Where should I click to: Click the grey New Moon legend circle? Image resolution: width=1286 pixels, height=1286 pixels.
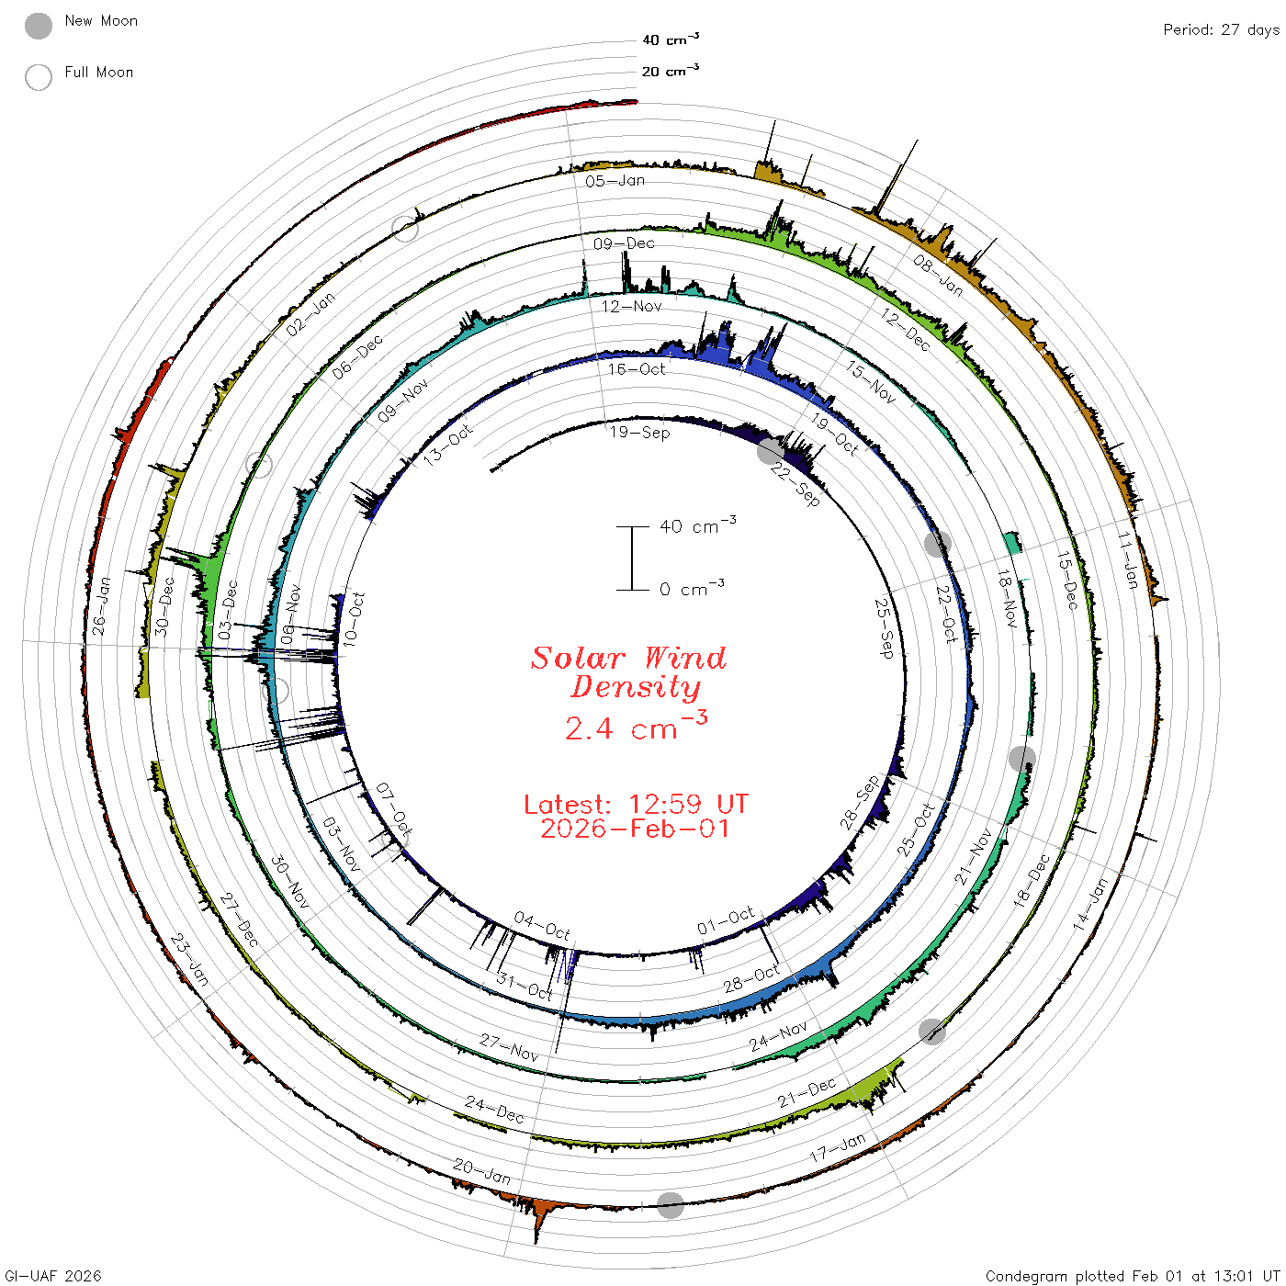(38, 26)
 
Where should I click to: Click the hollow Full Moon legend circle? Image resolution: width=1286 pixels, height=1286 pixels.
(38, 77)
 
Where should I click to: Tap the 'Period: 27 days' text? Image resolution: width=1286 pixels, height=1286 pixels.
(1222, 30)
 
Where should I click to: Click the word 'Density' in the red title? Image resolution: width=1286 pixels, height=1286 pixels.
(636, 687)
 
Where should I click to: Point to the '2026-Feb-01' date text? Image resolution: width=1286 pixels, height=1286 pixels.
(635, 829)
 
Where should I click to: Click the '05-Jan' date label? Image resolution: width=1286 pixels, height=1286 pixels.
(615, 181)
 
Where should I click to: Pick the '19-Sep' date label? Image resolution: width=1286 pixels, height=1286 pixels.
(639, 433)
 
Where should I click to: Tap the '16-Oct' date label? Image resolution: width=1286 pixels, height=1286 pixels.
(636, 369)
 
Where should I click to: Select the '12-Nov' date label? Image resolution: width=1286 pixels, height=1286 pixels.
(631, 306)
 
